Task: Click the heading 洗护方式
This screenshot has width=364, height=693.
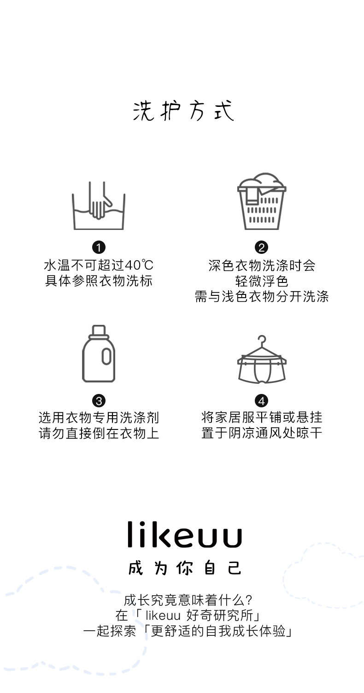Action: click(183, 111)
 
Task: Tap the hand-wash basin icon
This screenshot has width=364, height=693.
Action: click(99, 206)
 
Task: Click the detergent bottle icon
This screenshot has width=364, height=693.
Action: click(99, 354)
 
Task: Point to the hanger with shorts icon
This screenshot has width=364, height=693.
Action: click(262, 359)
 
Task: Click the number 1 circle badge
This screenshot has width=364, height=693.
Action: click(99, 247)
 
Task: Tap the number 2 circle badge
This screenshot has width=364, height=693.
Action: click(262, 247)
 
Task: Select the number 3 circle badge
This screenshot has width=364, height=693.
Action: click(99, 400)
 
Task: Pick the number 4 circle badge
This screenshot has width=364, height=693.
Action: click(262, 400)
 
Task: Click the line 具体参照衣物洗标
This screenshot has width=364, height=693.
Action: click(99, 281)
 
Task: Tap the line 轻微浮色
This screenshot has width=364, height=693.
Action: click(262, 281)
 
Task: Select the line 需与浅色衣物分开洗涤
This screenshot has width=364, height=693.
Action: click(262, 296)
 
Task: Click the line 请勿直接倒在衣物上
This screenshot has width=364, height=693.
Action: click(99, 434)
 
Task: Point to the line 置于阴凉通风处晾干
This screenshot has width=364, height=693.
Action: click(262, 434)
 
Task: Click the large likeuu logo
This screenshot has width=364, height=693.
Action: click(184, 535)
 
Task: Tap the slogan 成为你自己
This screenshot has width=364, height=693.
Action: click(184, 568)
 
